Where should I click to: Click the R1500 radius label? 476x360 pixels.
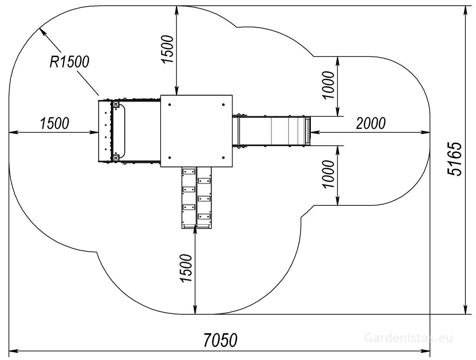point(69,62)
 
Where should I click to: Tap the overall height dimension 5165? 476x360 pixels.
point(455,159)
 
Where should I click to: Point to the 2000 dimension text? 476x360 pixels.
point(371,123)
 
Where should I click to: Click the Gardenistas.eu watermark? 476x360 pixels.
point(409,338)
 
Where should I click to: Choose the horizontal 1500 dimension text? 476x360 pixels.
point(55,123)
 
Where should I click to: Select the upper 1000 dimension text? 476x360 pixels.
point(329,85)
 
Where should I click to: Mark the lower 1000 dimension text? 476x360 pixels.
point(329,174)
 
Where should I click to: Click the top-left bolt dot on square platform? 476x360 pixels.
point(169,105)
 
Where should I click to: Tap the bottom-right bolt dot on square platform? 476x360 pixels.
point(223,158)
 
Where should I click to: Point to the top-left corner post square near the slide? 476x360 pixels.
point(116,104)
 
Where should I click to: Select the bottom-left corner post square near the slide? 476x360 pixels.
point(116,158)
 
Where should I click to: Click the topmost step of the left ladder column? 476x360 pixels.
point(189,171)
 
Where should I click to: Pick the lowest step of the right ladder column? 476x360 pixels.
point(204,216)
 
